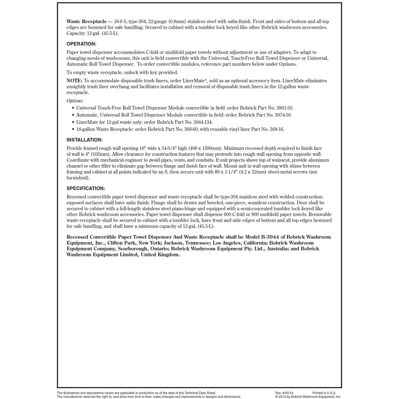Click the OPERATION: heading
click(81, 44)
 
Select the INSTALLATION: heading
click(84, 140)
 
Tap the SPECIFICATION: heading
click(86, 189)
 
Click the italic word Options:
click(75, 101)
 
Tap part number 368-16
click(276, 129)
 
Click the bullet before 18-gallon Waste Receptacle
click(73, 129)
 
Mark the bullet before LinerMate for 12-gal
click(73, 122)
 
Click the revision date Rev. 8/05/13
click(284, 393)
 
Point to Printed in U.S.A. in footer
click(324, 393)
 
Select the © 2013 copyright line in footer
click(308, 397)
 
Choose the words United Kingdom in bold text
click(160, 255)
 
